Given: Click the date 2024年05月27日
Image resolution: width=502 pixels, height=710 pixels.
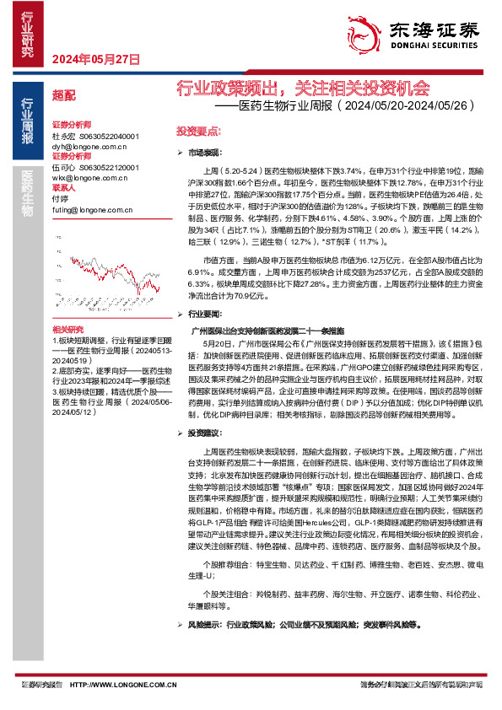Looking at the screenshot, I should coord(94,59).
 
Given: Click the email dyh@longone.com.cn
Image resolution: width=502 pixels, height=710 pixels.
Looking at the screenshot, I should coord(89,146).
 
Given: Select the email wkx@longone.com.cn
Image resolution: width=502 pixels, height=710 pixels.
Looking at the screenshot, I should coord(89,178).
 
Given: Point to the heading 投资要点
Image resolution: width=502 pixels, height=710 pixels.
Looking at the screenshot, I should coord(197,132).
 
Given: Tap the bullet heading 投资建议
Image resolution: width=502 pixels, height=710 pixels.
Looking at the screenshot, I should coord(202,432).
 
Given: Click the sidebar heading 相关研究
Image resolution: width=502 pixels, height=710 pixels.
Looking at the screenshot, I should coord(67,329).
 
